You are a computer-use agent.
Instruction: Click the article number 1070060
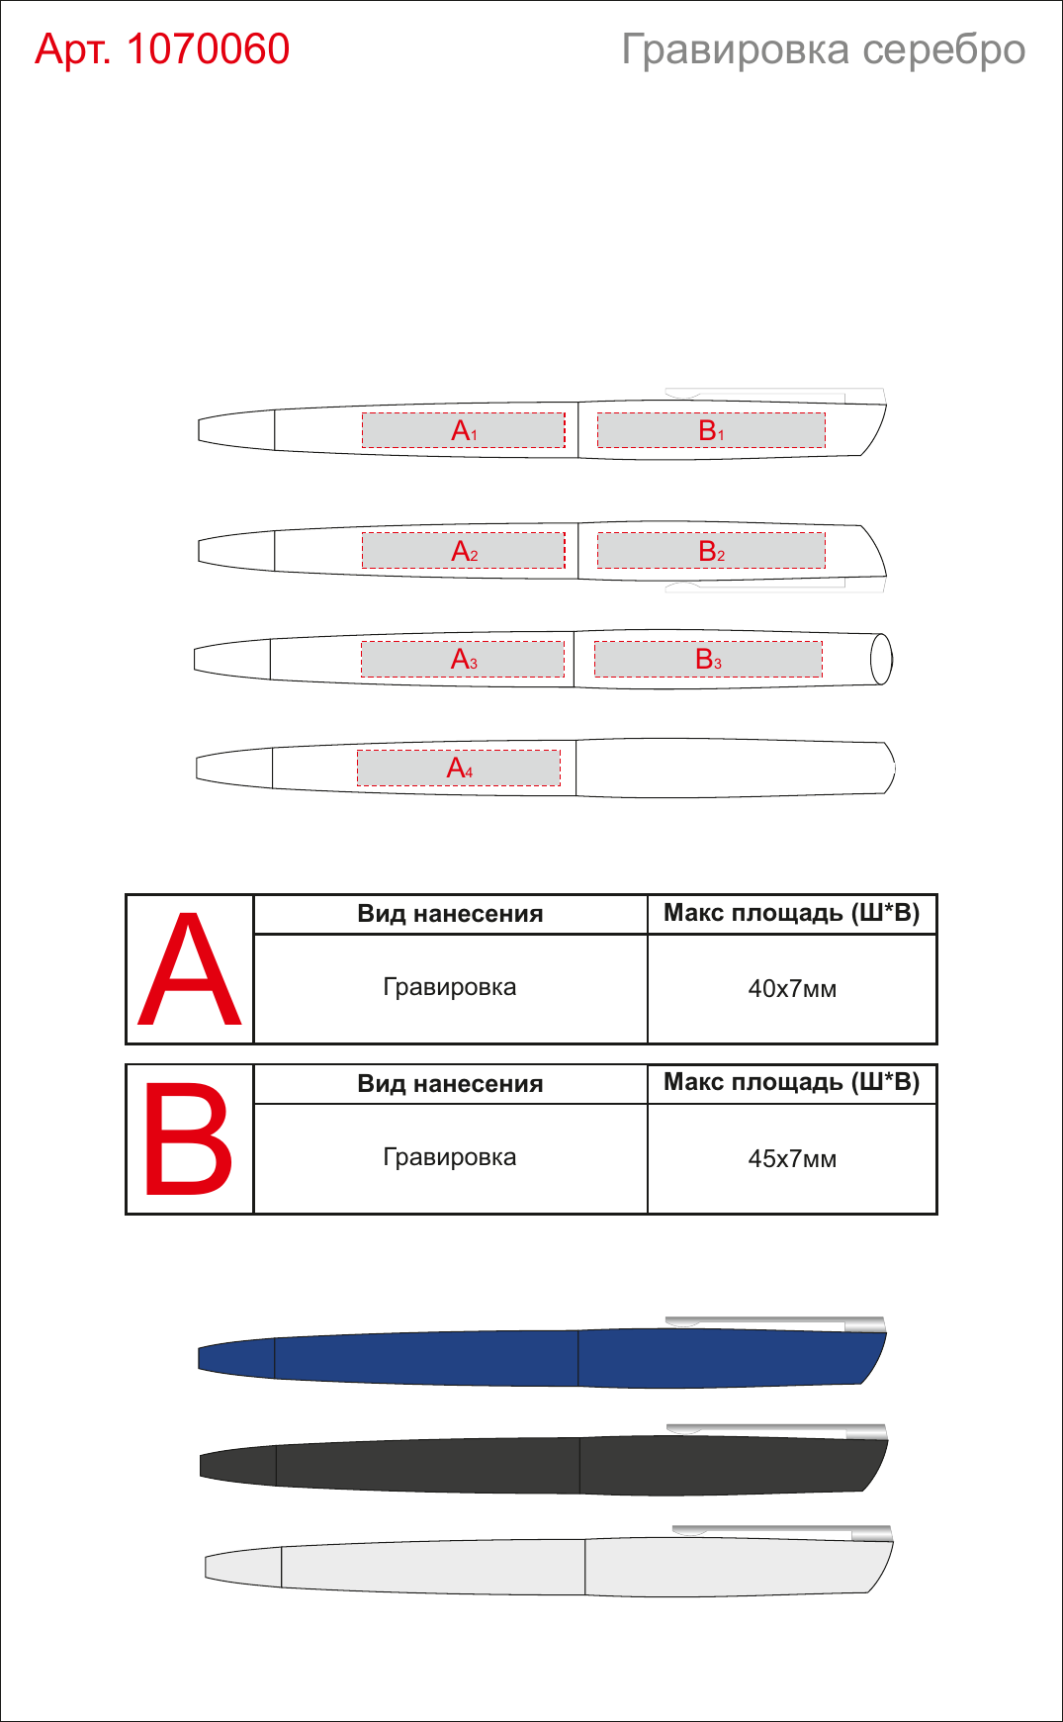208,48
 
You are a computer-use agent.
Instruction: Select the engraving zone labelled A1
463,430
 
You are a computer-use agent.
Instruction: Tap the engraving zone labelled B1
711,430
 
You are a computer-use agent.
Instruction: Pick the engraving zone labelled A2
463,551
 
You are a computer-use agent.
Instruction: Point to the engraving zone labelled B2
711,551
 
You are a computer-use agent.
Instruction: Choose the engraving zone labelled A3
462,659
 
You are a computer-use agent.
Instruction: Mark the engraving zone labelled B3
708,659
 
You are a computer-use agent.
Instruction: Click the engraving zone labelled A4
459,768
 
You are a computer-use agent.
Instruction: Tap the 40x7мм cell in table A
792,988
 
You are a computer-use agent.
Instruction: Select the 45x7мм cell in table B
792,1158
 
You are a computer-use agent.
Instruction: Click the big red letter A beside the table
190,969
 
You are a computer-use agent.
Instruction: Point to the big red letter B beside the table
189,1138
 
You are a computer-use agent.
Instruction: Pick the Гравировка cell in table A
450,987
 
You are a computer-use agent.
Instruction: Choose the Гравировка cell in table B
450,1157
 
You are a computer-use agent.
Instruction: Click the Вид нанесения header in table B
450,1084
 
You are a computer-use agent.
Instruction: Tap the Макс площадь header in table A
792,913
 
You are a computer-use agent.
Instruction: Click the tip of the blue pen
200,1358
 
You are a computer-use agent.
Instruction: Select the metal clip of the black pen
777,1430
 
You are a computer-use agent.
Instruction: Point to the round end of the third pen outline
881,659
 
